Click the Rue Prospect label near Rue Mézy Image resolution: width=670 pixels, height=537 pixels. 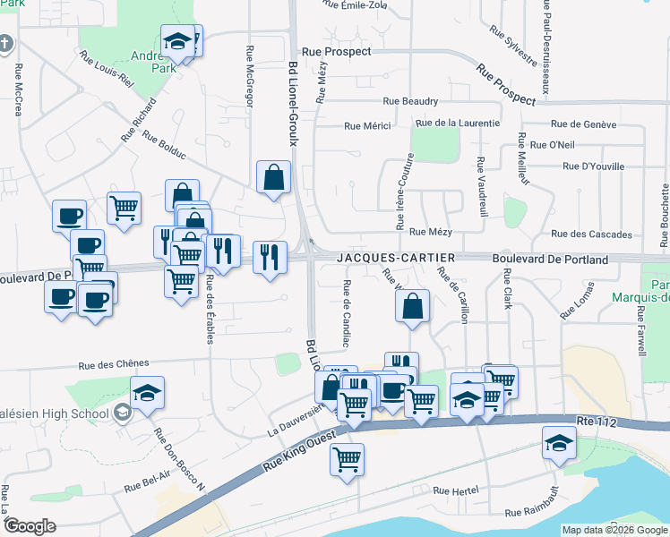[337, 52]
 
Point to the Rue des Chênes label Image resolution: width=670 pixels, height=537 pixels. [111, 365]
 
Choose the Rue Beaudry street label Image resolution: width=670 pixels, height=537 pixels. [410, 102]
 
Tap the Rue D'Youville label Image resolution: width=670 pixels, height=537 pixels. [593, 166]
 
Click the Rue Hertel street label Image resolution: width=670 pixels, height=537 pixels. [456, 490]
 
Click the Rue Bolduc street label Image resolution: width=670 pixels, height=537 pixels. [164, 147]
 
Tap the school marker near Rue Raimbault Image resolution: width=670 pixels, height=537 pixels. [559, 442]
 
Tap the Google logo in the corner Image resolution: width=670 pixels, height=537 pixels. [30, 526]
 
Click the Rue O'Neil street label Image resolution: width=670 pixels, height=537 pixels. [552, 145]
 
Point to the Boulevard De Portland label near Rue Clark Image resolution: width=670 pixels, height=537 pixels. [550, 260]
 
